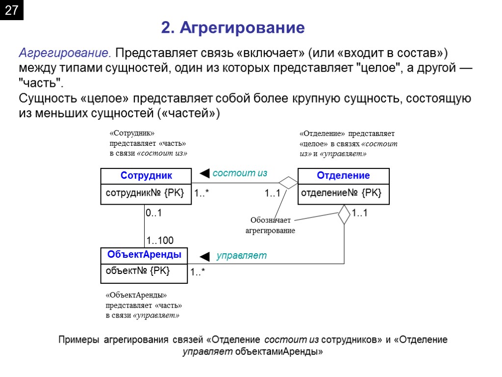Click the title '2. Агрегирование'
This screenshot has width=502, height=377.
pos(233,28)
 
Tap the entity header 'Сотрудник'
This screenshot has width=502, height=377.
pos(146,176)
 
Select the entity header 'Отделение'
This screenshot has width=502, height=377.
pos(343,176)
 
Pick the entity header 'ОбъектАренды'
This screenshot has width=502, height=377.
pos(144,255)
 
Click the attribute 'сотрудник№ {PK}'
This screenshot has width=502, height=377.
pos(145,193)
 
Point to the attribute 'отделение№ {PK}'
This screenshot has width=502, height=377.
pos(341,193)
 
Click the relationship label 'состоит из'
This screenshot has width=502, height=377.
pos(239,173)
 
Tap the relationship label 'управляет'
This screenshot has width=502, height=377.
pos(242,255)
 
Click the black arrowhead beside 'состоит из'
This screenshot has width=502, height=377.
pos(205,173)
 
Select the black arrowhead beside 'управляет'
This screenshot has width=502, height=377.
pos(205,256)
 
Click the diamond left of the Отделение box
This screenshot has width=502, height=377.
pos(288,183)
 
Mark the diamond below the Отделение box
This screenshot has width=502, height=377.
pos(344,215)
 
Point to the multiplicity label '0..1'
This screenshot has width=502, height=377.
pos(153,214)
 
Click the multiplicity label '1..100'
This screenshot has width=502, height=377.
pos(160,240)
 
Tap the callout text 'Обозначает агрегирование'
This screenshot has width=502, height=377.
pos(270,226)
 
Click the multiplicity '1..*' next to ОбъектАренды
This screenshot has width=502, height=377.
pos(198,271)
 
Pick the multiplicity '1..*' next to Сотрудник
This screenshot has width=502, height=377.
pos(201,194)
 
